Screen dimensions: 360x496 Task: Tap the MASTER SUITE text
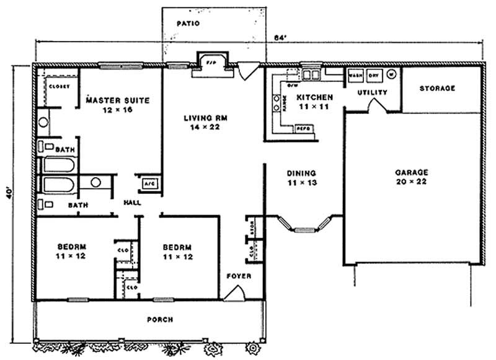tap(118, 100)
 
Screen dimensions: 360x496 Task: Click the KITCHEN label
tap(314, 98)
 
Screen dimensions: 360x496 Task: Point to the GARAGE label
tap(411, 172)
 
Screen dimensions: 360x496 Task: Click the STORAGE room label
tap(437, 89)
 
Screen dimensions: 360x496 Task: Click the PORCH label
tap(160, 320)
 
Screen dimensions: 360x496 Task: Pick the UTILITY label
tap(373, 92)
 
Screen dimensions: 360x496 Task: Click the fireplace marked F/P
tap(210, 63)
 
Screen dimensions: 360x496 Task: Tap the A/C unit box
tap(149, 183)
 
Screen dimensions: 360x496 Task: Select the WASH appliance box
tap(355, 74)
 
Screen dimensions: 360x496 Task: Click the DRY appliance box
tap(373, 74)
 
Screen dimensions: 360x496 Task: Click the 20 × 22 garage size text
tap(411, 182)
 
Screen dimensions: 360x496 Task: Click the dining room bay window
tap(304, 230)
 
